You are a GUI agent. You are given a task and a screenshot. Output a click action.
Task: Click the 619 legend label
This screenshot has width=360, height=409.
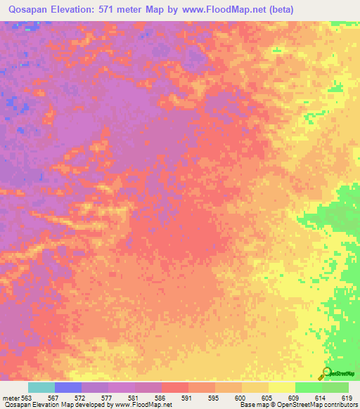point(347,397)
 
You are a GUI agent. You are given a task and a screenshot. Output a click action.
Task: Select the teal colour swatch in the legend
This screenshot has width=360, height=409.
point(41,387)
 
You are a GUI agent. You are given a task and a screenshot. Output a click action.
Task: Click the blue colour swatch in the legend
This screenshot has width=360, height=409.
point(68,387)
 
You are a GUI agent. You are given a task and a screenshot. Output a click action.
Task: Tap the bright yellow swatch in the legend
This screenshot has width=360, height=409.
point(282,387)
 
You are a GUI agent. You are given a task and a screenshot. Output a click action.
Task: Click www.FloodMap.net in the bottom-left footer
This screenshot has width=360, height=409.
point(143,405)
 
